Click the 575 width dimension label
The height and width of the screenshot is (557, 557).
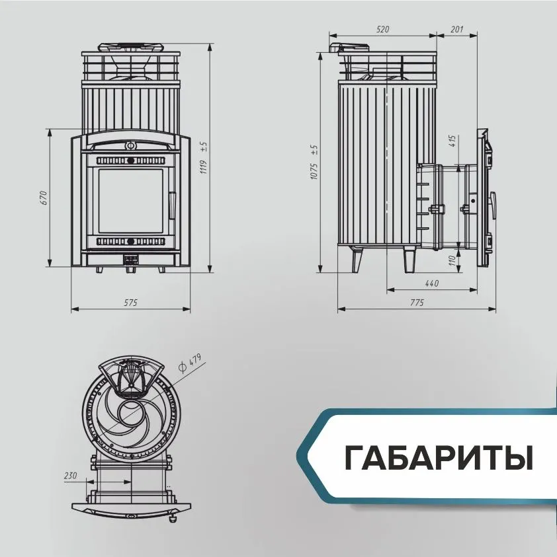130,303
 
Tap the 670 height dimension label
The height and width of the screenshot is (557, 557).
44,198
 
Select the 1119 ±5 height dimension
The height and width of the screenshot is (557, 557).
204,158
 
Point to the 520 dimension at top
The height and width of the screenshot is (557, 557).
383,29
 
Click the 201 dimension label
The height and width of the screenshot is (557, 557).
456,29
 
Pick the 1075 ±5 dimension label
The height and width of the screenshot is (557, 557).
314,162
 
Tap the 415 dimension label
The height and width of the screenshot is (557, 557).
452,141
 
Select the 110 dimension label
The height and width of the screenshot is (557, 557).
452,260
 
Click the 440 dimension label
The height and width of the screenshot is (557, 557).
432,283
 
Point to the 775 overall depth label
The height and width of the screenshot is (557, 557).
417,303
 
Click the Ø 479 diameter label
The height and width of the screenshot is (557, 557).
190,362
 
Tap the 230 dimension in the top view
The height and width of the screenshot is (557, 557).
70,475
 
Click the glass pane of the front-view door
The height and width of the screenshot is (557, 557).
131,201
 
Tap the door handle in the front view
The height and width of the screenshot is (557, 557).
172,205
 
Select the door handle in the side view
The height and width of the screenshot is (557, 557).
493,205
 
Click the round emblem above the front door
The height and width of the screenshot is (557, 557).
130,145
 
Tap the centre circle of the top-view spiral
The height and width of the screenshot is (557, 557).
131,412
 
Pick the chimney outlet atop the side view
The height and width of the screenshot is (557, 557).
350,48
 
